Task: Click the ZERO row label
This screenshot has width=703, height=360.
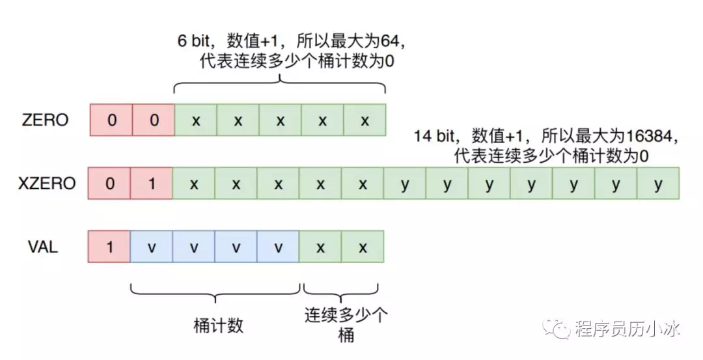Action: pos(45,120)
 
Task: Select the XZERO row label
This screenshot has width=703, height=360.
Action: pos(46,184)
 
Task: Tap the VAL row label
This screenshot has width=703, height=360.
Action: pos(43,247)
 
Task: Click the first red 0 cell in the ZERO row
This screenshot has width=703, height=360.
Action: pos(111,120)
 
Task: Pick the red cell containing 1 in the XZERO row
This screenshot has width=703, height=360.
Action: pos(152,184)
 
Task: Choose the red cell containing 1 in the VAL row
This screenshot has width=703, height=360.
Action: pos(109,247)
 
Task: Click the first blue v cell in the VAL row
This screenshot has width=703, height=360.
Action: pos(152,247)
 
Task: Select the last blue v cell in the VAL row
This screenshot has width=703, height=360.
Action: pos(278,247)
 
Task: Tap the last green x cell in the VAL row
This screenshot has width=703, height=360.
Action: pos(363,247)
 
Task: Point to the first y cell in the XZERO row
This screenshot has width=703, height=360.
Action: pos(405,184)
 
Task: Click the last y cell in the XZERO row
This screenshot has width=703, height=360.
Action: pos(658,184)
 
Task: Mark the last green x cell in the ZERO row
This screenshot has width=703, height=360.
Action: pos(365,120)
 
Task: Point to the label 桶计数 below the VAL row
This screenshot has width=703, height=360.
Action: pos(218,325)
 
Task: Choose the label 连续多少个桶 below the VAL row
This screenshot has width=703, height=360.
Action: pos(346,325)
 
